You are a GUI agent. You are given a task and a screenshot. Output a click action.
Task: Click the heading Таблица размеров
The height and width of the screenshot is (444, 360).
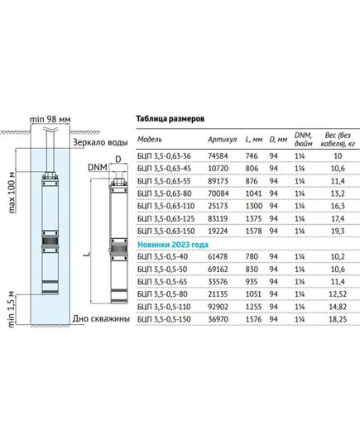tap(170, 119)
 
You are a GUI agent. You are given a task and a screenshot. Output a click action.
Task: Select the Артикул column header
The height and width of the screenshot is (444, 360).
tap(223, 139)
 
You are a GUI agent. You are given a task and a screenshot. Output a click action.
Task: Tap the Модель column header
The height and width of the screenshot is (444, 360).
tap(150, 139)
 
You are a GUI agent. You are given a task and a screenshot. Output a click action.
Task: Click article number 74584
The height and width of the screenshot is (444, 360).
tap(218, 156)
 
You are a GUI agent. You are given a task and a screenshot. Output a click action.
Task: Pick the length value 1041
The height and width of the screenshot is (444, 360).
tap(253, 193)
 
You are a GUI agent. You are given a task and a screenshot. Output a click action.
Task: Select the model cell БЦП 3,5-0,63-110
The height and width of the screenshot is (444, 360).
tap(166, 206)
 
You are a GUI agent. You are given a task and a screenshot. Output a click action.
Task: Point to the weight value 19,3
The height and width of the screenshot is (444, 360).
tap(338, 231)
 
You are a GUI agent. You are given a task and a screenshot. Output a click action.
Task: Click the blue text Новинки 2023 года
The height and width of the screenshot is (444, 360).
tap(173, 245)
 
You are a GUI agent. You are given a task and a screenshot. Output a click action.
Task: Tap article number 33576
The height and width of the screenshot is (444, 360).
tap(218, 282)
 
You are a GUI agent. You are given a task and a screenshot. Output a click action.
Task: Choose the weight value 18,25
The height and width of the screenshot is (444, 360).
tap(338, 319)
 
